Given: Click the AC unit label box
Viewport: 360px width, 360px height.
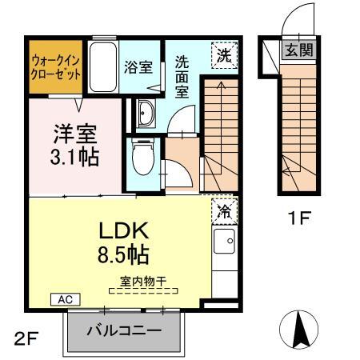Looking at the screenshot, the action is click(x=66, y=299).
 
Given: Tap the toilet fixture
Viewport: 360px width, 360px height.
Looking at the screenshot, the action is click(x=143, y=158).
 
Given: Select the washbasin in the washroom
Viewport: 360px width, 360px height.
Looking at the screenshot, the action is click(x=146, y=114).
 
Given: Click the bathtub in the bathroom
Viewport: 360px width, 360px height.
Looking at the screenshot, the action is click(x=103, y=67).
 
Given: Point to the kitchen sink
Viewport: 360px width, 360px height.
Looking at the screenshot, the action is click(x=225, y=241).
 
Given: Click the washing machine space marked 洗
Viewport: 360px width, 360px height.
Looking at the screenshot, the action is click(x=225, y=55).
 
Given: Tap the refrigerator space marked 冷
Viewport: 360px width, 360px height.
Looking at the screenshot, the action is click(x=225, y=212).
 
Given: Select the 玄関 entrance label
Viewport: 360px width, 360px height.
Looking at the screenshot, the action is click(x=299, y=50).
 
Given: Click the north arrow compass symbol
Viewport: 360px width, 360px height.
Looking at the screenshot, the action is click(x=298, y=330).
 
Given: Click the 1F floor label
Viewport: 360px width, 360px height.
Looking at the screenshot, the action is click(x=299, y=218).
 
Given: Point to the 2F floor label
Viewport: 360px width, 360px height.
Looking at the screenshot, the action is click(x=26, y=338).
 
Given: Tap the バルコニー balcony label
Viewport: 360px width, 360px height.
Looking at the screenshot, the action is click(x=124, y=331).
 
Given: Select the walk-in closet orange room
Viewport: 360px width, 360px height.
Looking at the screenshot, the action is click(x=55, y=67).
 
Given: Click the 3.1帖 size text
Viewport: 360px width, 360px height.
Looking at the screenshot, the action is click(x=74, y=157).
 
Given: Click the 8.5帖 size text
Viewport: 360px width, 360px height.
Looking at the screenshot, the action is click(x=123, y=254).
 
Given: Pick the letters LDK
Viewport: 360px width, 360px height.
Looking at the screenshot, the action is click(x=124, y=230).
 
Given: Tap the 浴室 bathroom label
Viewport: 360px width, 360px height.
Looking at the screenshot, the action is click(x=138, y=67).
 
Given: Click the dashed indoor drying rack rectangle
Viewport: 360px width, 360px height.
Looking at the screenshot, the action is click(x=143, y=290).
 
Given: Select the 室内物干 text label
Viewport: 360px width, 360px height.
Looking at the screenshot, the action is click(x=143, y=281).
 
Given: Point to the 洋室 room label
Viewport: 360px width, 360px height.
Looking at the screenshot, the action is click(x=75, y=134).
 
